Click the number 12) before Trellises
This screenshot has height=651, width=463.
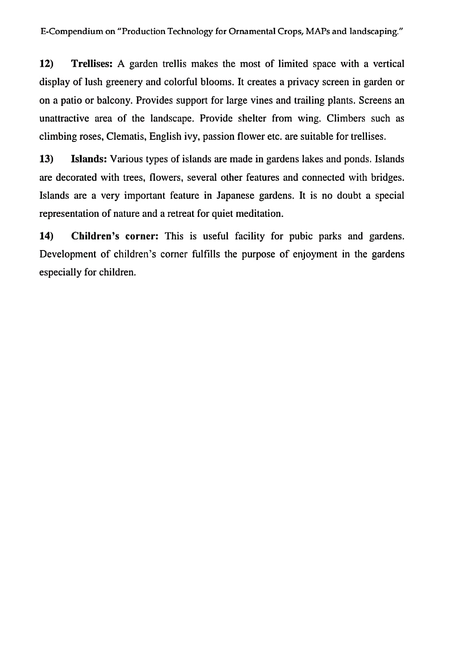(x=46, y=64)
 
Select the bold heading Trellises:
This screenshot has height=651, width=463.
(x=92, y=64)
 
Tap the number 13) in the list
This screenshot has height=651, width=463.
(x=46, y=159)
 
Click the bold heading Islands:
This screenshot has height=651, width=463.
(x=89, y=159)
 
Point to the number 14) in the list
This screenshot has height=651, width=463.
(x=46, y=236)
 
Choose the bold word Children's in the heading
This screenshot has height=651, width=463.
(x=95, y=236)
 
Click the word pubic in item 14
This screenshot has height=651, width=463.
(x=301, y=236)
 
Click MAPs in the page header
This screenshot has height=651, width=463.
(x=317, y=32)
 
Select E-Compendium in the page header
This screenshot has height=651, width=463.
(x=71, y=32)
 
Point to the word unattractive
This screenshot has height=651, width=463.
(x=64, y=118)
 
